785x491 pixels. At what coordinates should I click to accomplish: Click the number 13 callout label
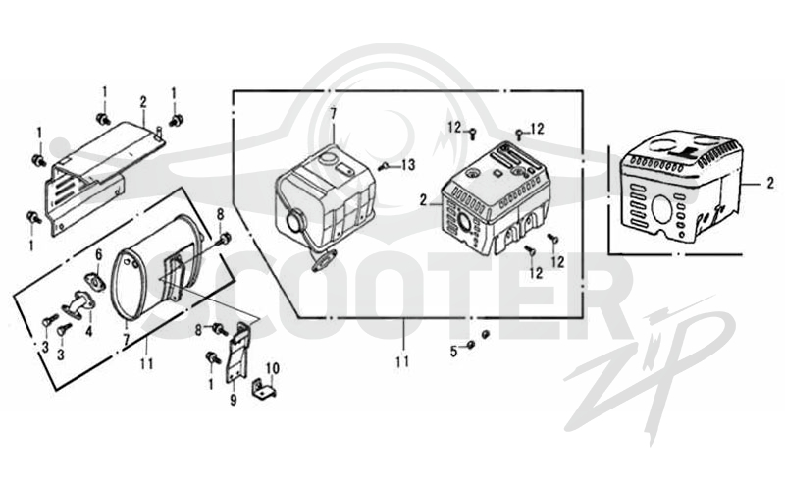point(408,164)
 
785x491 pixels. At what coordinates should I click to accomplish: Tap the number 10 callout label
point(273,369)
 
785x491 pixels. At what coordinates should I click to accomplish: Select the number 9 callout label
point(234,401)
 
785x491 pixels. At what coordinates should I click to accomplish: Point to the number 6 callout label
point(99,255)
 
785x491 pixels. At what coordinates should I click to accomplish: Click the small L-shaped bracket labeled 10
point(263,389)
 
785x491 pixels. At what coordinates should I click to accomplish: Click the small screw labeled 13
point(384,165)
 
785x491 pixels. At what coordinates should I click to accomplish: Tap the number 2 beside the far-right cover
point(770,184)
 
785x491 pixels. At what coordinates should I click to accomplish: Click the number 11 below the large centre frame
point(402,361)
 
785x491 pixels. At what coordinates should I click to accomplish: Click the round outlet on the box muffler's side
point(292,221)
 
